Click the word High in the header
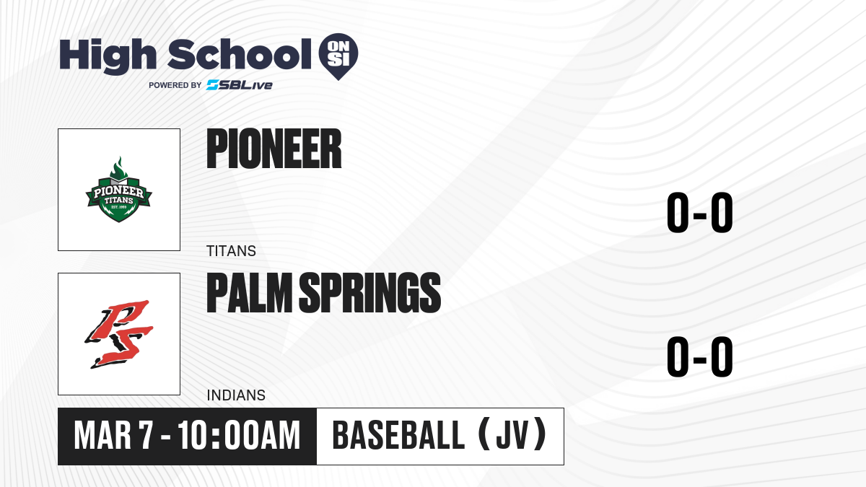[108, 56]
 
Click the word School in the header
[240, 54]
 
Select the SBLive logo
[240, 85]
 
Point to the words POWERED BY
[175, 85]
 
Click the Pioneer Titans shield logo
[118, 189]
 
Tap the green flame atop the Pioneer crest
[118, 168]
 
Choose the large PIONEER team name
[274, 149]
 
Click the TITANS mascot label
[231, 251]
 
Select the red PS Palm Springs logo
[118, 334]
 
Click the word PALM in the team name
[250, 293]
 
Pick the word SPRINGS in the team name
[370, 293]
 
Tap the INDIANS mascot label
[236, 395]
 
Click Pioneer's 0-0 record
[700, 213]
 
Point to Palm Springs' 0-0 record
[700, 356]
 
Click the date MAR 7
[114, 436]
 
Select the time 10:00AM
[239, 436]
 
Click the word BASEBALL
[398, 436]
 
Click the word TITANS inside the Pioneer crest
[118, 201]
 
